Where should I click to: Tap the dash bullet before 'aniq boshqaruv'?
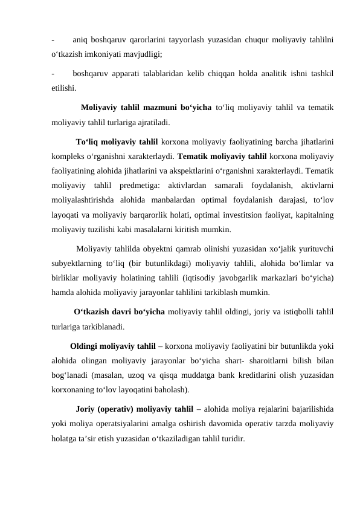pyautogui.click(x=53, y=40)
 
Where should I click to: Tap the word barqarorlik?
pyautogui.click(x=153, y=215)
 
